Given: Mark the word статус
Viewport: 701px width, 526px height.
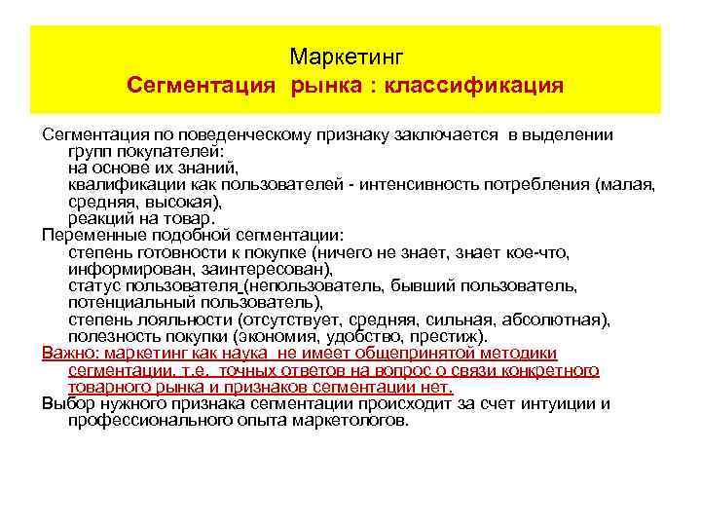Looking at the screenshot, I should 92,285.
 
